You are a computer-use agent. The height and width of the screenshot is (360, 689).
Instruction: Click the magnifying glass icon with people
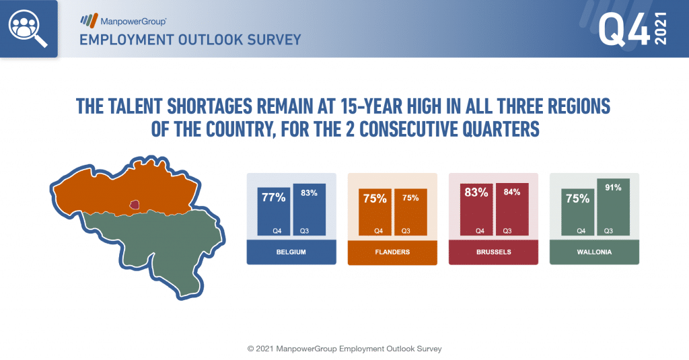click(28, 28)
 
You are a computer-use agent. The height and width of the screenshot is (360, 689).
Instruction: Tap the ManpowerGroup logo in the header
click(123, 21)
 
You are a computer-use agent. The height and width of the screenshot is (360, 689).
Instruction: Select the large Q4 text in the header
click(624, 28)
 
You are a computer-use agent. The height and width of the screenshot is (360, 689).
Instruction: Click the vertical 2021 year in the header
click(661, 28)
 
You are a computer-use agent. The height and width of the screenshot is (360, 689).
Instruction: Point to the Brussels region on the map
click(135, 205)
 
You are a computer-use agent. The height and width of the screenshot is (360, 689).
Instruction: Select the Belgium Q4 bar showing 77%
click(274, 211)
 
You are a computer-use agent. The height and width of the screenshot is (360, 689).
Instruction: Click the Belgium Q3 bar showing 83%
click(310, 209)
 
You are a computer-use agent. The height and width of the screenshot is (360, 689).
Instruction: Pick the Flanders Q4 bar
click(375, 213)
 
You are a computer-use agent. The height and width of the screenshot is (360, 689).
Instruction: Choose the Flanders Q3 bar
click(410, 213)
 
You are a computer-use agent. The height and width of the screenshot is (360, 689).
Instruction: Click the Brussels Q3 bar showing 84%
click(512, 209)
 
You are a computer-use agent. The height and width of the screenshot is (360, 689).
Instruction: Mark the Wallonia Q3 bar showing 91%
click(613, 207)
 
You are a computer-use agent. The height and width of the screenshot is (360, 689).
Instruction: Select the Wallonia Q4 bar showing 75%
click(577, 213)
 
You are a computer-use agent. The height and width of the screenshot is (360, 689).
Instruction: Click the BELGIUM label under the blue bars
click(291, 252)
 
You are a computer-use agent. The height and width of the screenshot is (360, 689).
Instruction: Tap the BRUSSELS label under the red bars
click(493, 252)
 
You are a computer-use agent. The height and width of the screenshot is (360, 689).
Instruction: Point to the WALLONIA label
click(594, 252)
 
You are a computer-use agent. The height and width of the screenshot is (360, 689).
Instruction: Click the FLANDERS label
click(392, 252)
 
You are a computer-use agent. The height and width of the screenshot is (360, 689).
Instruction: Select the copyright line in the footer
click(344, 349)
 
